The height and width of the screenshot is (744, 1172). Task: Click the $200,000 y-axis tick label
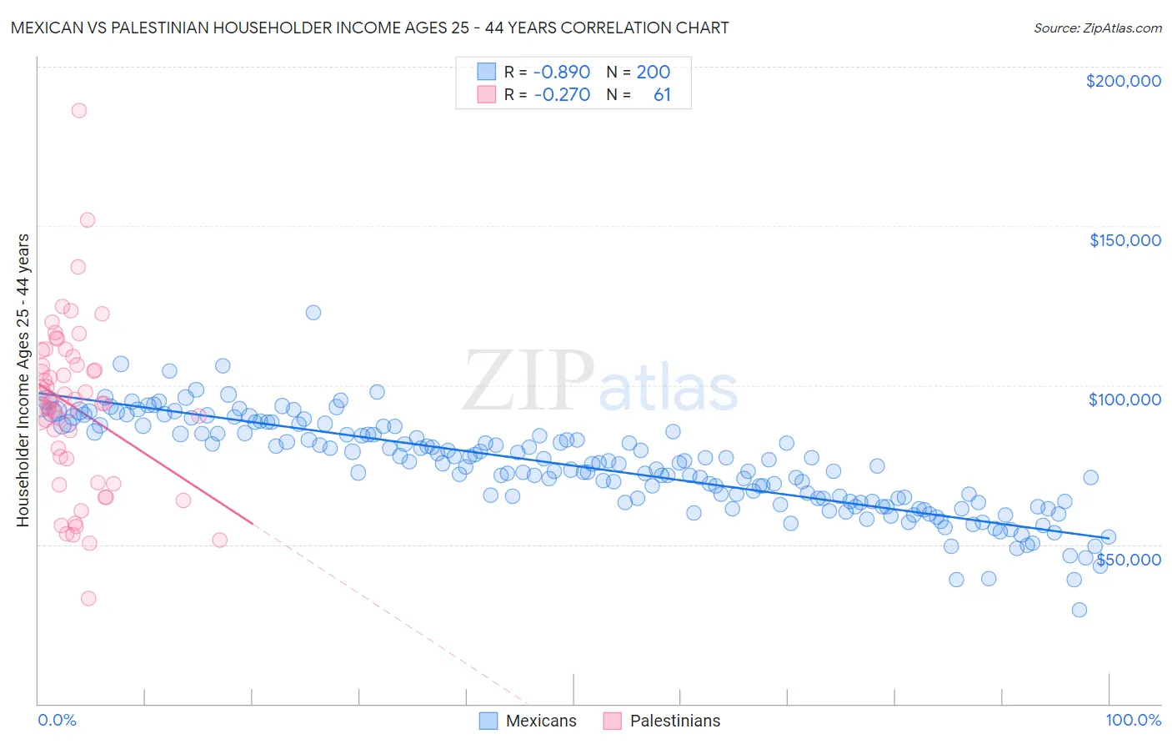1123,81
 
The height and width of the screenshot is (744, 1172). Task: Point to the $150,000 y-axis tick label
1124,240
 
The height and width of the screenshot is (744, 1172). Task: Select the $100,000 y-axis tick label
1124,400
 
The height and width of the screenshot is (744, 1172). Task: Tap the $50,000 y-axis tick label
1128,559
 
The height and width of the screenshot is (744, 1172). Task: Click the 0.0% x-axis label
57,720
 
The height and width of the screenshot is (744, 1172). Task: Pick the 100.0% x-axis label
1133,720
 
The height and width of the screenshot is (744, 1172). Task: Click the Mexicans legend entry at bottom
528,721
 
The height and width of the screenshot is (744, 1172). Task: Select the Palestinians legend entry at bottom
662,721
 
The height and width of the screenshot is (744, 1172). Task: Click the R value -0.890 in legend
561,72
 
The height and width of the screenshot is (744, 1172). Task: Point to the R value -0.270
561,95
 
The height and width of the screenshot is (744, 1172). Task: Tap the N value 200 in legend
653,72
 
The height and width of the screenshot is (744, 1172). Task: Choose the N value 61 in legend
662,95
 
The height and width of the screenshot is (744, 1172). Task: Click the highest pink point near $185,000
79,110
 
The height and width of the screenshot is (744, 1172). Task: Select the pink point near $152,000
87,220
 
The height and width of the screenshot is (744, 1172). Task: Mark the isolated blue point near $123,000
313,313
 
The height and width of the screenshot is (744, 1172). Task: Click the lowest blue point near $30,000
1079,610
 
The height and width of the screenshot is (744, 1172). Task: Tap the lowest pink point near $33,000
88,598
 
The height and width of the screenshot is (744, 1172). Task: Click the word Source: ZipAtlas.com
1097,28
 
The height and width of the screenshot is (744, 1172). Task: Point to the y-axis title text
23,380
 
